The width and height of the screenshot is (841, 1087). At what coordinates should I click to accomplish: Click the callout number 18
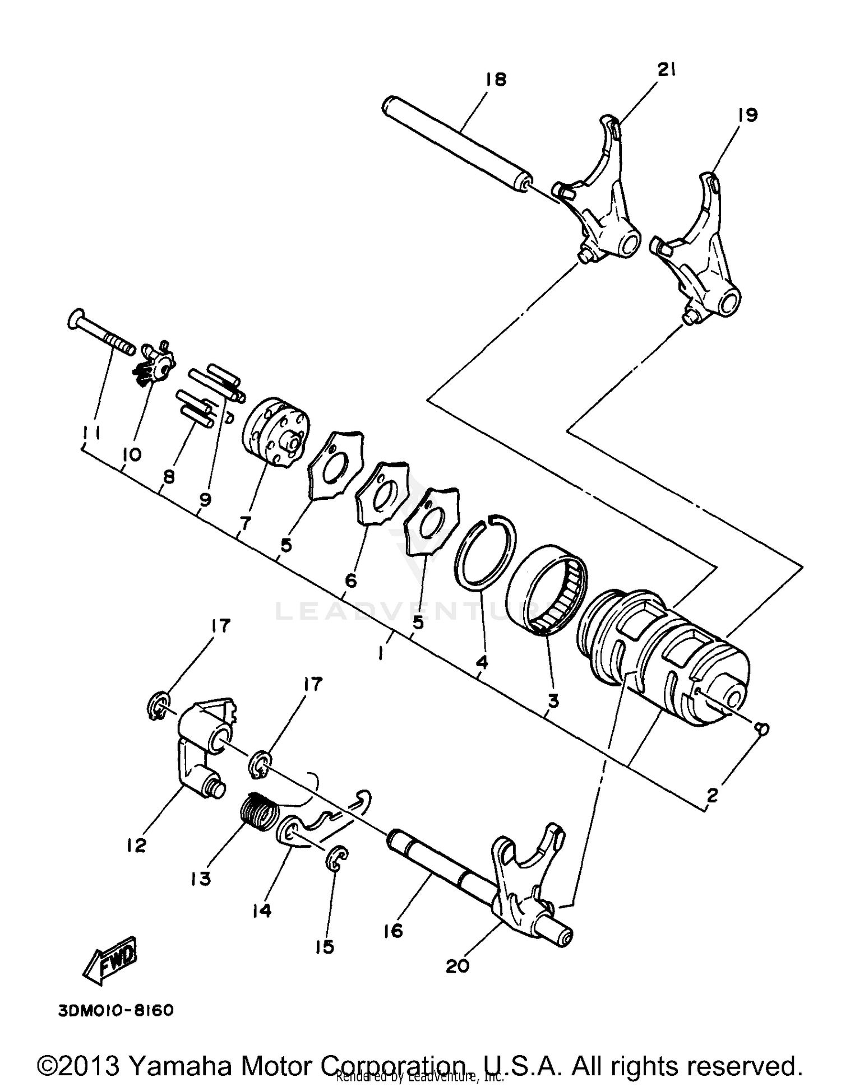495,79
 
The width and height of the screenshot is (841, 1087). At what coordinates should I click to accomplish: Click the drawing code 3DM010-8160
115,1010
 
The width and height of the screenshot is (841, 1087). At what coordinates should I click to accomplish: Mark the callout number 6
350,581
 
